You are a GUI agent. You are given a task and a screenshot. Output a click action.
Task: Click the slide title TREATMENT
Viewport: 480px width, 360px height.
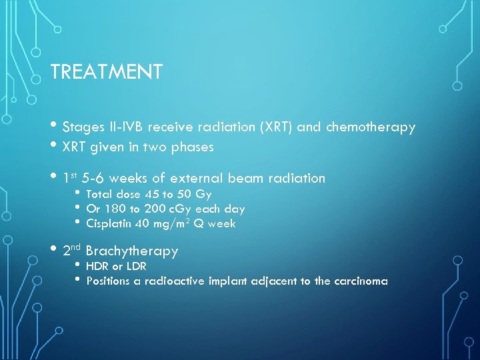coord(106,72)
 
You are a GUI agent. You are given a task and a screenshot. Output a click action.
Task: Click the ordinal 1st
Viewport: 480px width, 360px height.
coord(69,178)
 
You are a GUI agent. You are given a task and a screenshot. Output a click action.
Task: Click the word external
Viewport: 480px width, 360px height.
coord(197,178)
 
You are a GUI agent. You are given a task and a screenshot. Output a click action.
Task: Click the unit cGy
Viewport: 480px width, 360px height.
coord(179,209)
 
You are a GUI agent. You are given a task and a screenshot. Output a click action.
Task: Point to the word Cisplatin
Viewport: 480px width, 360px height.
coord(109,224)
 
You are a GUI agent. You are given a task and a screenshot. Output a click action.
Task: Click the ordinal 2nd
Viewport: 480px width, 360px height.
coord(71,251)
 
